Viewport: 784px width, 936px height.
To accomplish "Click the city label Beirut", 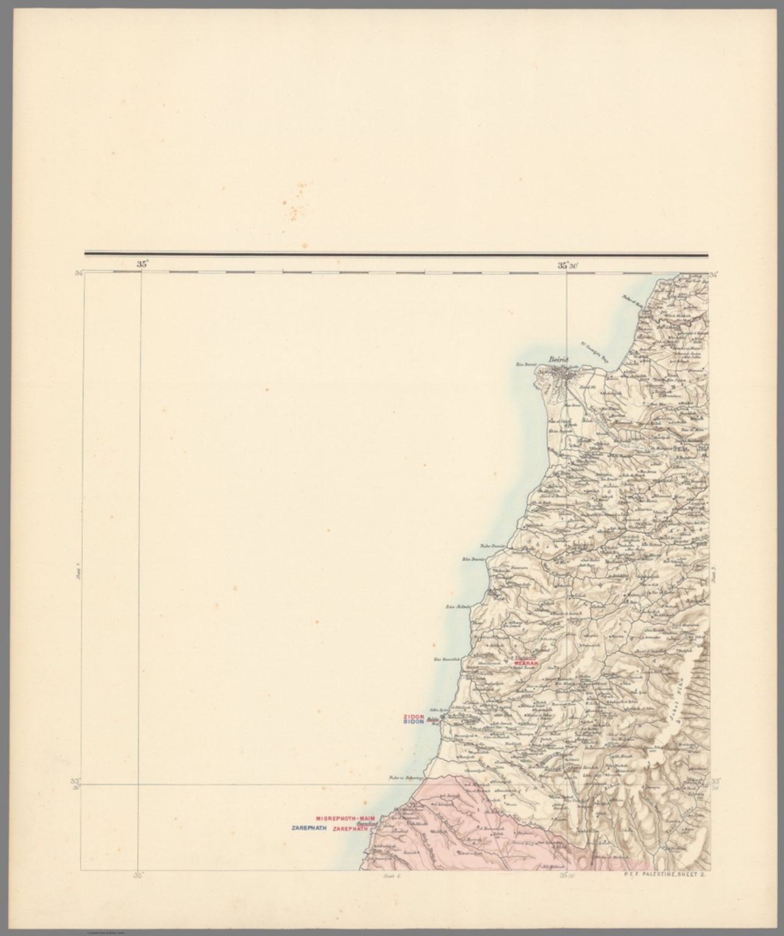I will point(558,360).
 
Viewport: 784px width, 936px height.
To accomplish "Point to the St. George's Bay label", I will point(594,352).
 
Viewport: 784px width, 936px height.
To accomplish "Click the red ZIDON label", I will point(413,717).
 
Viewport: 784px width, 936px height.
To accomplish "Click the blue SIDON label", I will point(413,722).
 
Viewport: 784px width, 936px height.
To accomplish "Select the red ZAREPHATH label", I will point(352,829).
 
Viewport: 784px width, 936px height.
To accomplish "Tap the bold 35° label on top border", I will point(142,264).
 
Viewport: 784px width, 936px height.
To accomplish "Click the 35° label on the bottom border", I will point(139,876).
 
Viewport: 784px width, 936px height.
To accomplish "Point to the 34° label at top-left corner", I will point(79,274).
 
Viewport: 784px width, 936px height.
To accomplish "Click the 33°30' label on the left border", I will point(76,783).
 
